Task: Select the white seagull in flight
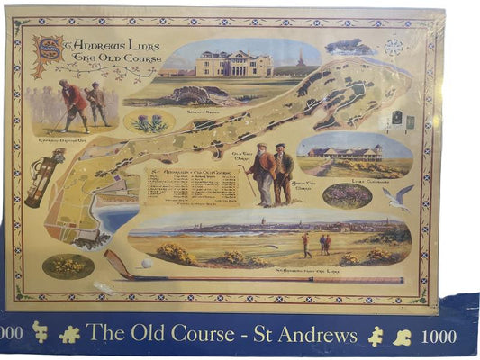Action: click(x=396, y=197)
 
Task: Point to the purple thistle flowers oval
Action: click(x=149, y=121)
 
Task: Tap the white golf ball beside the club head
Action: click(x=146, y=264)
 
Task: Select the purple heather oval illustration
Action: click(x=347, y=194)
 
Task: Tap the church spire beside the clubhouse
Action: click(x=301, y=59)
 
